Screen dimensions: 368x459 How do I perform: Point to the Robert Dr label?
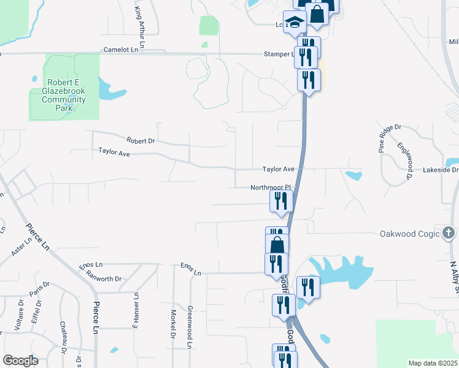click(x=141, y=140)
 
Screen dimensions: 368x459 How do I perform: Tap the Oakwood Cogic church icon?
click(x=449, y=233)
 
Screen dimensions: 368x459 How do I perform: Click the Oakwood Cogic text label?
click(x=410, y=234)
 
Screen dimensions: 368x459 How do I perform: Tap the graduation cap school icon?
click(x=295, y=23)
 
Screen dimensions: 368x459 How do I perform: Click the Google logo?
click(x=20, y=360)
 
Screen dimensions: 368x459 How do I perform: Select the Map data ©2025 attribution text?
click(x=433, y=363)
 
